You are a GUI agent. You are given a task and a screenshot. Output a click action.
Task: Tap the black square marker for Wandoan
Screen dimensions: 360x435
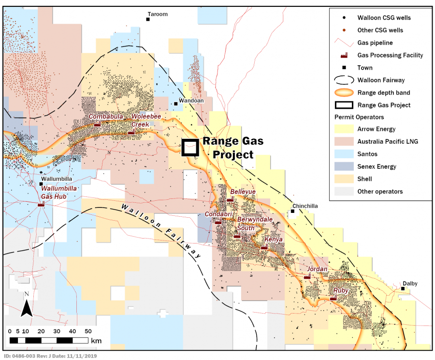click(x=176, y=104)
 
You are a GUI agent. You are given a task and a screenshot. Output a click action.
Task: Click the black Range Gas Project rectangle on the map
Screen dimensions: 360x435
click(x=190, y=148)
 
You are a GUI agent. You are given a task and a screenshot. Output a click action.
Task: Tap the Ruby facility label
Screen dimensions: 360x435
click(x=341, y=291)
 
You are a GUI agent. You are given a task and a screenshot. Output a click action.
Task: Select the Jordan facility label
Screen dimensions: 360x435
click(x=317, y=269)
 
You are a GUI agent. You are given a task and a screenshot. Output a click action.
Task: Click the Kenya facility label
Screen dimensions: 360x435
click(x=274, y=240)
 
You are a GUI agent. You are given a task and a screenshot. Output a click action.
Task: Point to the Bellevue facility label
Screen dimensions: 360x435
click(x=243, y=192)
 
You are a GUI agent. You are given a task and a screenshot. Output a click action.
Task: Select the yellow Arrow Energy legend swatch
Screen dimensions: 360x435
click(x=343, y=129)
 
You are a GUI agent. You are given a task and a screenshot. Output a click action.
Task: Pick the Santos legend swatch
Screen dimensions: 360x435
click(x=343, y=154)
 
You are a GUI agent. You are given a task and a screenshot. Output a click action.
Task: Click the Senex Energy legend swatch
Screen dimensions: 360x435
click(x=343, y=166)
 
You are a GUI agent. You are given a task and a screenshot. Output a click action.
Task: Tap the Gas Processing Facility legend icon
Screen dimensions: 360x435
click(x=343, y=55)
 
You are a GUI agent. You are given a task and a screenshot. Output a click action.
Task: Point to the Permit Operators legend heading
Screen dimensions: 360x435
click(x=360, y=117)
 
